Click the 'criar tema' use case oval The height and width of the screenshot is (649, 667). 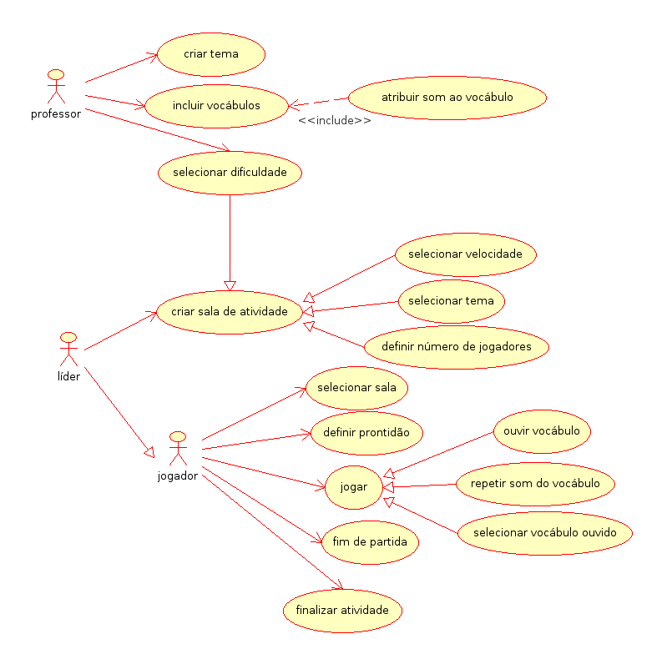[211, 54]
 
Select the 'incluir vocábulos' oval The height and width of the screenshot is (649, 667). [216, 106]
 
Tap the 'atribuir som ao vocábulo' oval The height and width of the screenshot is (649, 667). [447, 98]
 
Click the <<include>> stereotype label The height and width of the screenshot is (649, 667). [335, 121]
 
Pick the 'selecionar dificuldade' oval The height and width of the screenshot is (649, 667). [230, 173]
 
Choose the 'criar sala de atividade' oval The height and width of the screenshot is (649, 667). [229, 312]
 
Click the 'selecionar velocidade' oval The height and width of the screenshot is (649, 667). [465, 254]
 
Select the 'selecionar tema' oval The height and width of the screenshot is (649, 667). [452, 301]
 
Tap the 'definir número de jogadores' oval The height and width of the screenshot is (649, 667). [455, 346]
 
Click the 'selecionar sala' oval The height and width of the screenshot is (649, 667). [356, 387]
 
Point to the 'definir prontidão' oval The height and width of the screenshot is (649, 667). [366, 432]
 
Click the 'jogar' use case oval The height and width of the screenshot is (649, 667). [354, 485]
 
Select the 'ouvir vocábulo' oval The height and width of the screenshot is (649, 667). [542, 431]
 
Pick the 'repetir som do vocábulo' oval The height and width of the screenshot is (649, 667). [535, 483]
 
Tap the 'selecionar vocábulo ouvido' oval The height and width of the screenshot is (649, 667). [544, 533]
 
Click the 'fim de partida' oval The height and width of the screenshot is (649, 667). [370, 541]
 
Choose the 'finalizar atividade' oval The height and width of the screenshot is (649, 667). [342, 610]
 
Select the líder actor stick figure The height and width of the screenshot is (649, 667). [68, 350]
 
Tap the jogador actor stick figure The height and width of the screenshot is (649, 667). [177, 450]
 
